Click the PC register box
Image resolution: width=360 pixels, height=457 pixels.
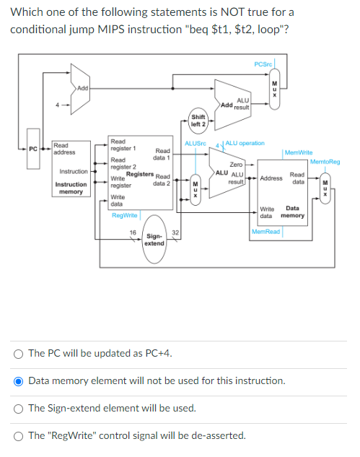[x=33, y=149]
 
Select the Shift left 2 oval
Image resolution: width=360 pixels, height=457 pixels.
[x=198, y=121]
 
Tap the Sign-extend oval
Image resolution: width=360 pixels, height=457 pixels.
[x=154, y=239]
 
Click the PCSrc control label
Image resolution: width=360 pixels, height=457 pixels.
[x=263, y=64]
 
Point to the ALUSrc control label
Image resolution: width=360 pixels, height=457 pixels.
[x=196, y=144]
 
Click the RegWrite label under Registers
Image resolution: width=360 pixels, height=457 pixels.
[x=124, y=215]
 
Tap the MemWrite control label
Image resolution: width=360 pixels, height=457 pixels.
[x=299, y=152]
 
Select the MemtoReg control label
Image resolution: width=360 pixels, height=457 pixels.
[x=325, y=162]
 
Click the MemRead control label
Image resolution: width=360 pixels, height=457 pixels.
[x=265, y=232]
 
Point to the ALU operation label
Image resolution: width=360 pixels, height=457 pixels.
[x=245, y=143]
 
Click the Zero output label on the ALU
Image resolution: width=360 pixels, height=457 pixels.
[x=236, y=165]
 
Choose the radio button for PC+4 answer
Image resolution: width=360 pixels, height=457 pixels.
[x=18, y=354]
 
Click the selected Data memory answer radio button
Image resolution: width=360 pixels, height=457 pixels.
[x=18, y=381]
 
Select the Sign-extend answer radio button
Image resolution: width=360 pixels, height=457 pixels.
[x=18, y=409]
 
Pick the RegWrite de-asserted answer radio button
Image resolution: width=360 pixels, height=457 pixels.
[x=18, y=436]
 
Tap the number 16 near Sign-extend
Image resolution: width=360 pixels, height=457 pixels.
[x=133, y=232]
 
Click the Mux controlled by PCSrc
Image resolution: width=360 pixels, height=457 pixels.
[x=274, y=89]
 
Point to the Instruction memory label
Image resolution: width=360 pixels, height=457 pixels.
[x=71, y=188]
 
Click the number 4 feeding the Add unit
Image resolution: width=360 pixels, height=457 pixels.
[x=58, y=105]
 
